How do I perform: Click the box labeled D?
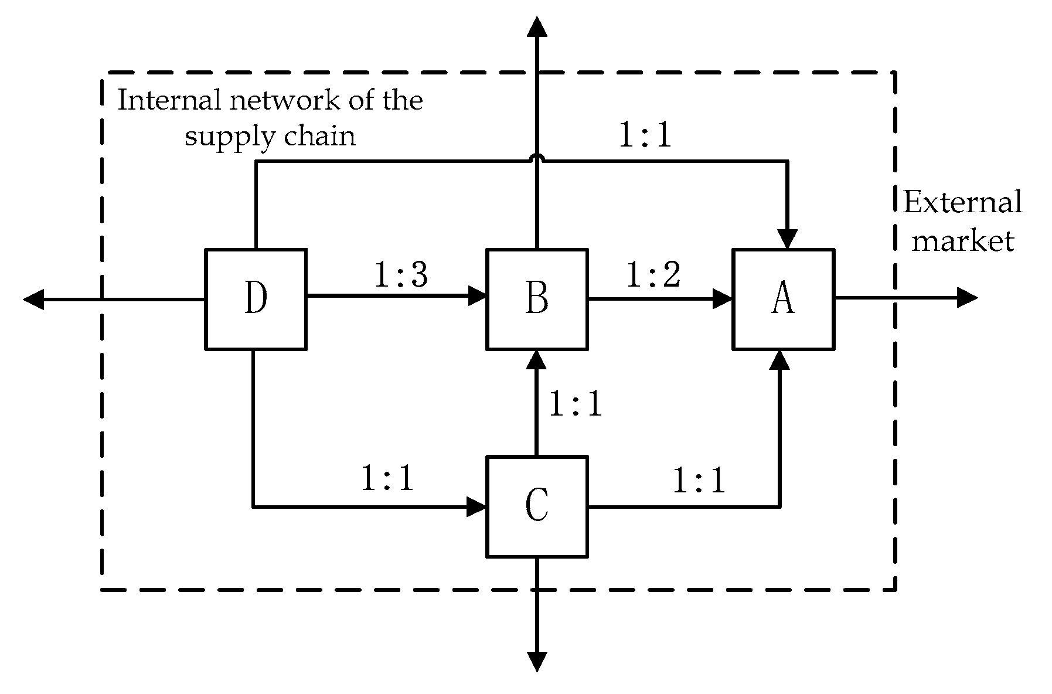[x=256, y=299]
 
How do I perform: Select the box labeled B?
[x=537, y=299]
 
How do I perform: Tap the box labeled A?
[x=784, y=299]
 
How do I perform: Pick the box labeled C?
[x=537, y=506]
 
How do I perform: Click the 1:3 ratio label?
[x=401, y=274]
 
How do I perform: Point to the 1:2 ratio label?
[x=653, y=274]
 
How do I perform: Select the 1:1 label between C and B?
[x=576, y=404]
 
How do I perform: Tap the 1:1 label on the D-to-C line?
[x=387, y=478]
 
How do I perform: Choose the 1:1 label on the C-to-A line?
[x=699, y=481]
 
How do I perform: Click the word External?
[x=962, y=203]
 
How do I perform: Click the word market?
[x=962, y=241]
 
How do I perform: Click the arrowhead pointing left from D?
[x=33, y=300]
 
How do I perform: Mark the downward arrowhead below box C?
[x=536, y=661]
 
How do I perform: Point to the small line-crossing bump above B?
[x=536, y=158]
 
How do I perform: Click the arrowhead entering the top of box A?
[x=787, y=239]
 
